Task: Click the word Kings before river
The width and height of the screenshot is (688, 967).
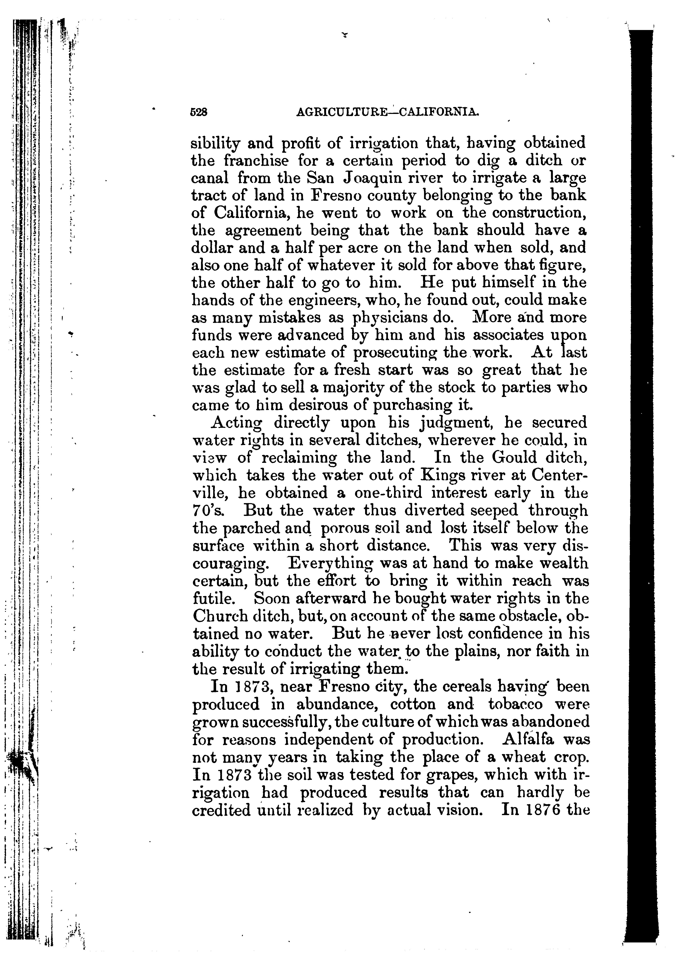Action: (x=427, y=475)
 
